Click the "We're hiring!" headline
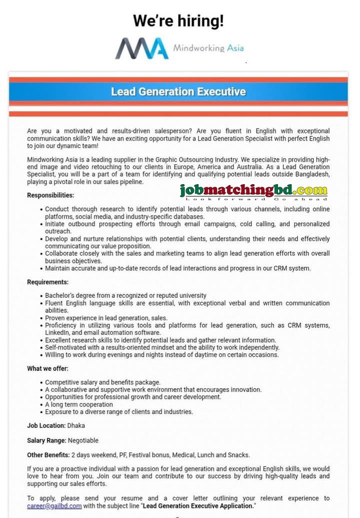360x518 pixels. (x=178, y=21)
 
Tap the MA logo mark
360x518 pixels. (x=141, y=49)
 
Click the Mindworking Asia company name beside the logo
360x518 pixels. (x=208, y=49)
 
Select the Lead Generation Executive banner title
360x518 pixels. (x=178, y=92)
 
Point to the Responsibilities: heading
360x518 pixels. (x=50, y=195)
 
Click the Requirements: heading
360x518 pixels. (x=48, y=282)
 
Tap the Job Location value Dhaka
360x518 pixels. (x=76, y=425)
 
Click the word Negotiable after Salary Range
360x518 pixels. (x=82, y=440)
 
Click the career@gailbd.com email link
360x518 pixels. (x=54, y=506)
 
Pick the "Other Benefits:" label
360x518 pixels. (x=48, y=455)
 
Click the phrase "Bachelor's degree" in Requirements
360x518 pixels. (x=70, y=296)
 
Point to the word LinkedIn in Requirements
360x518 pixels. (x=57, y=332)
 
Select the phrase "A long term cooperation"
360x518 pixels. (x=79, y=404)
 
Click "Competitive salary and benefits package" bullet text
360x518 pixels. (x=102, y=382)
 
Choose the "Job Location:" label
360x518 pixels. (x=46, y=425)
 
